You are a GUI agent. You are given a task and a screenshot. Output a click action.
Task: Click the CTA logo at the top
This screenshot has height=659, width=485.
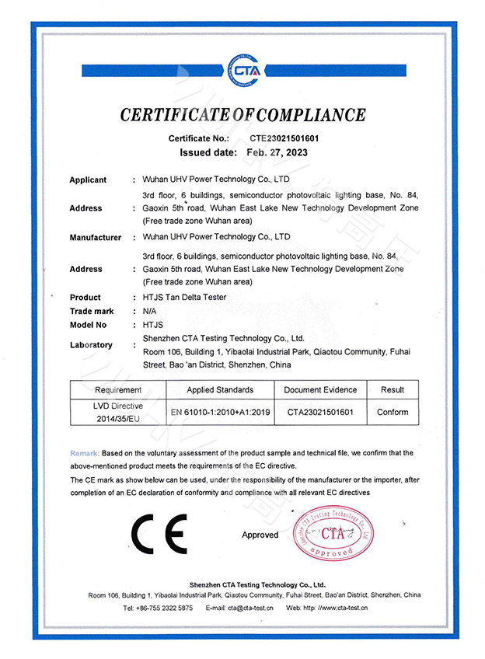coord(242,70)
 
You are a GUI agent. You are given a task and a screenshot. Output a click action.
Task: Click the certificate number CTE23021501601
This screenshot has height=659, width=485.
coord(284,138)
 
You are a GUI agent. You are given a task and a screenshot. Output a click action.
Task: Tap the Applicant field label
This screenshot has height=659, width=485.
coord(88,180)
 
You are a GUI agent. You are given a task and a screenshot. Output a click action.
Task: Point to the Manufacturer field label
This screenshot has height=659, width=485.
coord(96,237)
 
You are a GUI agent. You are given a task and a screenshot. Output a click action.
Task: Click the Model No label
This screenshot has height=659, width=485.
coord(88,325)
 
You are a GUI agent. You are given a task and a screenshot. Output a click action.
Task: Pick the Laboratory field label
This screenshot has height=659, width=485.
coord(91,344)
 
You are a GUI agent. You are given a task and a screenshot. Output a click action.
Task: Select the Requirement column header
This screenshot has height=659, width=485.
coord(118,389)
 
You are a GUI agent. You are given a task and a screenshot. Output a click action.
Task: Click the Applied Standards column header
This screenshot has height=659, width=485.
coord(220,389)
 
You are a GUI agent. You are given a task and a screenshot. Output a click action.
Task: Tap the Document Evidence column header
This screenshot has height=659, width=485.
coord(320,389)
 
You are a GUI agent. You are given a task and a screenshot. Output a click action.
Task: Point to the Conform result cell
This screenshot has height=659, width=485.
coord(393,412)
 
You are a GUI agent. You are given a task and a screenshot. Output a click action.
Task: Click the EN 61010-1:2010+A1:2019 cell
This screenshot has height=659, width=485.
coord(220,412)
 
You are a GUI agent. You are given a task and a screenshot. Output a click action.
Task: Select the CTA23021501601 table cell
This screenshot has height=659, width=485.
coord(320,412)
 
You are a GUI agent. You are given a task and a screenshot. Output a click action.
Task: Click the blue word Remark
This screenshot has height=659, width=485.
coord(84,452)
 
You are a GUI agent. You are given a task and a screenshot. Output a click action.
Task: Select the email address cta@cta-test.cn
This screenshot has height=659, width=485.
coord(250,608)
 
